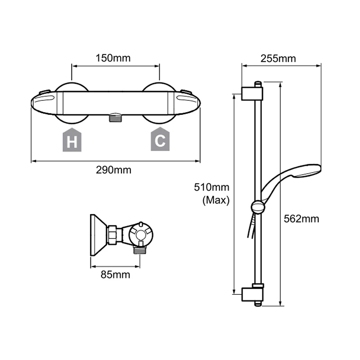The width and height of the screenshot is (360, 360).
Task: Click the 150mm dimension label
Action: point(116,58)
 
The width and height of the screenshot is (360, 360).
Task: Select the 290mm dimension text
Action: point(116,170)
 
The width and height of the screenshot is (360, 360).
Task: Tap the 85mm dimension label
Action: point(115,274)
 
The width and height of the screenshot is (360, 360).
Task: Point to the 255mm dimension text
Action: point(281,58)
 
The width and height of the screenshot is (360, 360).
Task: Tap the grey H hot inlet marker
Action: point(71,141)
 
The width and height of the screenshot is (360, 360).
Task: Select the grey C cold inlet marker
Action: point(160,141)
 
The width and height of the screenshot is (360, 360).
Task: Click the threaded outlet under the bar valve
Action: point(116,118)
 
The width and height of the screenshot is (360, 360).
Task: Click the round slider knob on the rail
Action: point(257,207)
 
